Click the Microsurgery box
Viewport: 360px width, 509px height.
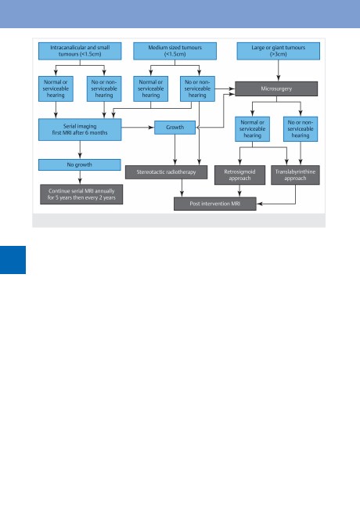click(276, 88)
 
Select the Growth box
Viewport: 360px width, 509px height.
click(175, 128)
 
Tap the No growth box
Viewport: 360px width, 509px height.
click(80, 164)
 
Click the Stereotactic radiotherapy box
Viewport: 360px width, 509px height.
click(167, 172)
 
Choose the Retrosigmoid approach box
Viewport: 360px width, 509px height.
click(239, 175)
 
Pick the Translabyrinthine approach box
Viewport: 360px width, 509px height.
click(295, 175)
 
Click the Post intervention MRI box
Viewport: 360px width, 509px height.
click(215, 204)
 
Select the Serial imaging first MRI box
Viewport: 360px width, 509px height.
click(80, 129)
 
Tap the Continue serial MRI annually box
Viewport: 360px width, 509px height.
click(81, 194)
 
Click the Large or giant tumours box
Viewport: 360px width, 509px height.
click(279, 51)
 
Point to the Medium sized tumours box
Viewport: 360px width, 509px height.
click(175, 51)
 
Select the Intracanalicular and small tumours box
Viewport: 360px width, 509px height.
click(80, 51)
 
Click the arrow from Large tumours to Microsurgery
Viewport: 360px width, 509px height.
click(279, 70)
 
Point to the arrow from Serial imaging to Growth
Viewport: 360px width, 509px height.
click(138, 128)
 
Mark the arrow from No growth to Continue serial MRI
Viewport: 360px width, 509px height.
click(80, 178)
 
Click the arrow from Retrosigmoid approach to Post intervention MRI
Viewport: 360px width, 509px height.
click(239, 191)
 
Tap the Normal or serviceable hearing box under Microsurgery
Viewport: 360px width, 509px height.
click(252, 129)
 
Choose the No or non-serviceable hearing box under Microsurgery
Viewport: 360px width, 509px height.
click(301, 129)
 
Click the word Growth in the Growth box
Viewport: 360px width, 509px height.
click(175, 127)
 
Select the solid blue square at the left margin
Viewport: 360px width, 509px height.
click(13, 260)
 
